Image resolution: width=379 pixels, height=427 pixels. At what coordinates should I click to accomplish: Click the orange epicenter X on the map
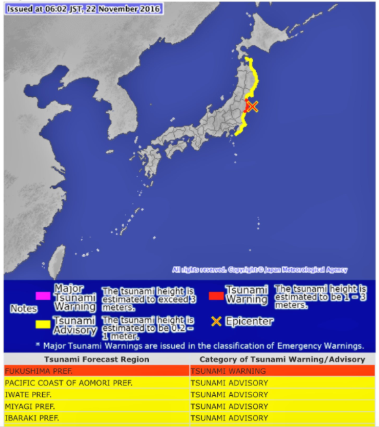[x=252, y=107]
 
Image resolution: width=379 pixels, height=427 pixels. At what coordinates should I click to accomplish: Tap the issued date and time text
[x=83, y=10]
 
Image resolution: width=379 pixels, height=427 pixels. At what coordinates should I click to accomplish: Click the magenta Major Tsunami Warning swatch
[x=44, y=296]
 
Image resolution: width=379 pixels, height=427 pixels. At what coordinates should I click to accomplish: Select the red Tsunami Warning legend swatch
[x=216, y=296]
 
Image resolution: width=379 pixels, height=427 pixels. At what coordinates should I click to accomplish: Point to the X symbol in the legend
[x=216, y=322]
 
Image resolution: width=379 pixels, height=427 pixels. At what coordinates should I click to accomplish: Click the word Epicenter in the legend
[x=250, y=321]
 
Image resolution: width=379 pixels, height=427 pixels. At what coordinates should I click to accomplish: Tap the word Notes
[x=23, y=309]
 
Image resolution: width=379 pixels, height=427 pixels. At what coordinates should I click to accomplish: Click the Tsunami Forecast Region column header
[x=96, y=359]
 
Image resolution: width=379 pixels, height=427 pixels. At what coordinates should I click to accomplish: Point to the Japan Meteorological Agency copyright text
[x=260, y=270]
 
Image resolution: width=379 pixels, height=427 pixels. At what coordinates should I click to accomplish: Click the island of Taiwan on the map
[x=57, y=257]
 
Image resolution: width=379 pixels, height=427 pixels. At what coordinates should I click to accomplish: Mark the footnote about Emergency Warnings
[x=199, y=346]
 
